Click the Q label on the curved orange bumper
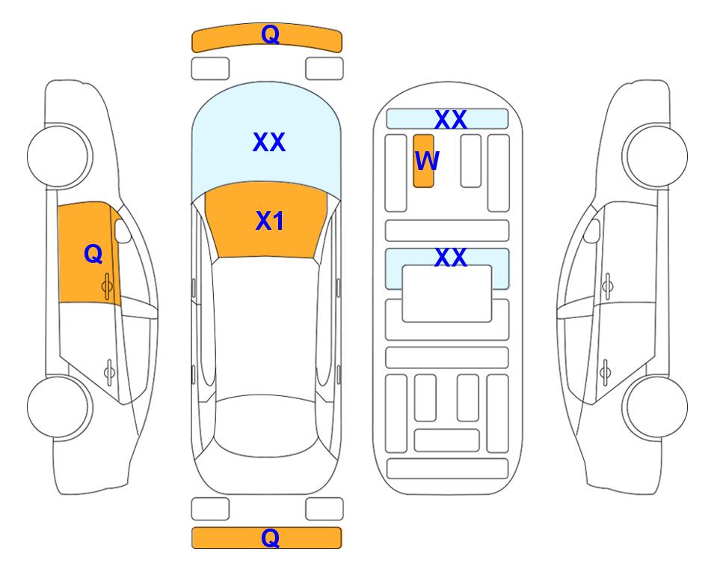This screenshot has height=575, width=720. coord(270,34)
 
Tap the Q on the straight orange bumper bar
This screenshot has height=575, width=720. coord(270,538)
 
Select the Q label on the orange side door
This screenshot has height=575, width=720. coord(93,254)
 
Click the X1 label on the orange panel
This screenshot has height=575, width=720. coord(270,221)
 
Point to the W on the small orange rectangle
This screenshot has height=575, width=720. coord(427,161)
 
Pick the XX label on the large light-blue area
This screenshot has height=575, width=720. coord(269,142)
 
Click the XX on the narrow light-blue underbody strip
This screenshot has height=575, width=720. coord(450,120)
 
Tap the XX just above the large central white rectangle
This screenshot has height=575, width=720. coord(450,258)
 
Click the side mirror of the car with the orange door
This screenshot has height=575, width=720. coord(123,231)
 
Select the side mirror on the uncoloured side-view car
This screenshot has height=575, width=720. coord(592,231)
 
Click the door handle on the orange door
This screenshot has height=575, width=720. coord(108,287)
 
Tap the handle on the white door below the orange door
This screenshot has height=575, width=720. coord(109,371)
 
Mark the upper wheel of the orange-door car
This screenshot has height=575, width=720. coord(59,156)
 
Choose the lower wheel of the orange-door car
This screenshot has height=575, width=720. coord(59,407)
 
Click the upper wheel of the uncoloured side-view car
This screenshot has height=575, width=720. coord(655,156)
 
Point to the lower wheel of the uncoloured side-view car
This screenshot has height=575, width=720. coord(655,407)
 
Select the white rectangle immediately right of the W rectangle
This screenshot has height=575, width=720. coord(471,161)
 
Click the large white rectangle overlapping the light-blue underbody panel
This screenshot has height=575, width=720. coord(447,293)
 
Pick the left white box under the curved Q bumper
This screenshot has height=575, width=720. coord(210,69)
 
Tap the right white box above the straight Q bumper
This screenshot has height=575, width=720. coord(324,509)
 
